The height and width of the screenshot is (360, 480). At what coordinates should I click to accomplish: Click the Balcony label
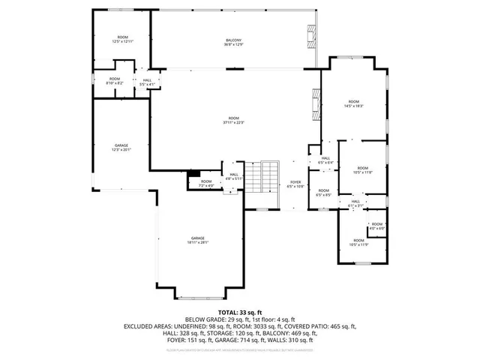(x=233, y=42)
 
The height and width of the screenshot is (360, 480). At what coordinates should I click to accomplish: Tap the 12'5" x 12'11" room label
(x=121, y=39)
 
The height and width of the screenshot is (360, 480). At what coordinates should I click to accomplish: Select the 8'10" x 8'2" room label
(x=114, y=81)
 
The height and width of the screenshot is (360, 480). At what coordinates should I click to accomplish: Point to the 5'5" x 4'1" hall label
(x=147, y=82)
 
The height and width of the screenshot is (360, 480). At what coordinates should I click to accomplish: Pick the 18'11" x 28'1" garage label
(x=198, y=239)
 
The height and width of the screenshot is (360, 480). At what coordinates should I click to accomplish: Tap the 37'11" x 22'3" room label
(x=234, y=121)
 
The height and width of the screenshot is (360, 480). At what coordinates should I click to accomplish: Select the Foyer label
(x=295, y=184)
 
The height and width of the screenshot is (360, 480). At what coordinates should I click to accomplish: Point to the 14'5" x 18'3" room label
(x=353, y=103)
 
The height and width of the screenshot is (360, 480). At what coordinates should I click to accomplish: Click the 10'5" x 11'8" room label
(x=363, y=169)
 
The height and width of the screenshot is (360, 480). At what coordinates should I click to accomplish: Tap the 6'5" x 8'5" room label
(x=323, y=193)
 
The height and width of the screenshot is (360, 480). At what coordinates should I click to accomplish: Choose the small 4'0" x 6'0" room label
(x=377, y=226)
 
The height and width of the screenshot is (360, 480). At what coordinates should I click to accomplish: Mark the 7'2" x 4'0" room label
(x=206, y=182)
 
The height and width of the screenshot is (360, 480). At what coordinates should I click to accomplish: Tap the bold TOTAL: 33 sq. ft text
(x=239, y=311)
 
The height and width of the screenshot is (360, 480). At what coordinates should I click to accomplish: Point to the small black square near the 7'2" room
(x=193, y=174)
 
